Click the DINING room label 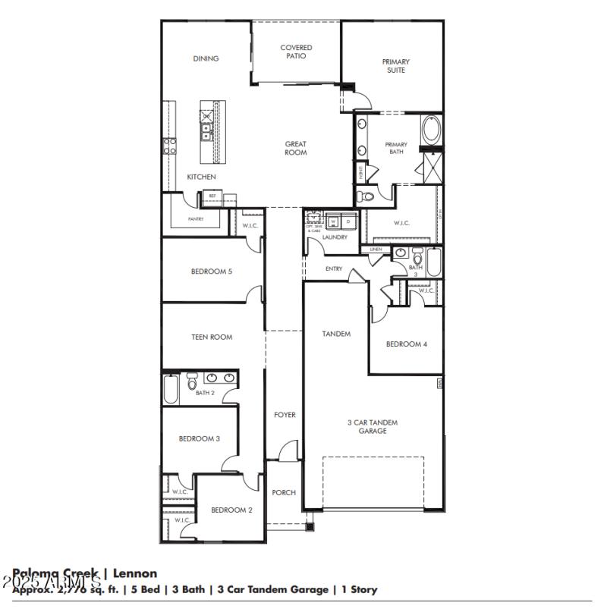click(x=206, y=58)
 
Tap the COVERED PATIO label click(x=296, y=52)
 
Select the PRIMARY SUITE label click(x=395, y=66)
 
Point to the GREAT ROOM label click(x=296, y=148)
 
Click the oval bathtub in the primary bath click(x=431, y=130)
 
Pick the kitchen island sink click(x=206, y=133)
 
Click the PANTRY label click(x=196, y=218)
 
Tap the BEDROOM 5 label click(x=211, y=271)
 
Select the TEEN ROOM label click(x=212, y=337)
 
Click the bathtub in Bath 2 click(x=171, y=389)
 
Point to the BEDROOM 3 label click(x=200, y=438)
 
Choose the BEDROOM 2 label click(x=231, y=510)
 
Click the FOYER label click(x=285, y=415)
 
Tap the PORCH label click(x=284, y=492)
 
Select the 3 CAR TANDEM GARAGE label click(x=373, y=426)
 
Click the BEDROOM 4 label click(x=407, y=344)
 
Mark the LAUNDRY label click(x=335, y=237)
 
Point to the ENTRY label click(x=334, y=268)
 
